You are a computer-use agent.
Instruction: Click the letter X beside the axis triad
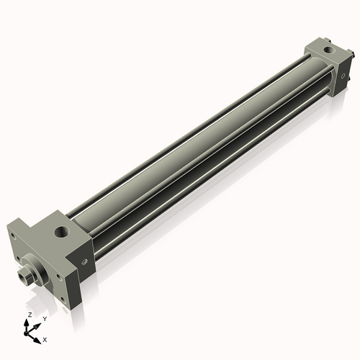(x=45, y=338)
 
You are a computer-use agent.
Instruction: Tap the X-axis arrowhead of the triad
(x=37, y=336)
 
